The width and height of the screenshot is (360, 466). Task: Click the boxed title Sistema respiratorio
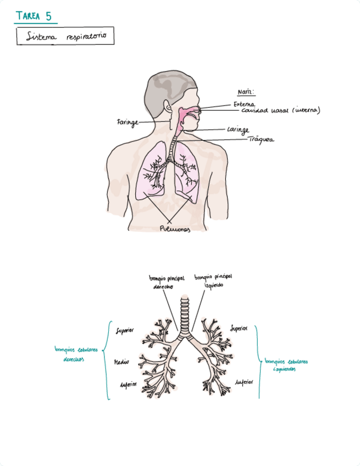tap(65, 36)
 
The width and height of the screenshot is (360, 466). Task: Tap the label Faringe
tap(127, 121)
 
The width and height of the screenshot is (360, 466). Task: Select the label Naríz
tap(245, 92)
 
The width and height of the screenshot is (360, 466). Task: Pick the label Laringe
tap(239, 130)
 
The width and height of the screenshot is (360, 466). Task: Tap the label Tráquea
tap(261, 140)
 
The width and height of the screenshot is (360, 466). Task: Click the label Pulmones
tap(175, 230)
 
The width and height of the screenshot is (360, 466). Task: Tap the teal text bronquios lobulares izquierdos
tap(286, 365)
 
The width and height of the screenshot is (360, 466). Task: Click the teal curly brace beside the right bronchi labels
tap(107, 360)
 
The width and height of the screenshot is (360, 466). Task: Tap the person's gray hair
tap(165, 85)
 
